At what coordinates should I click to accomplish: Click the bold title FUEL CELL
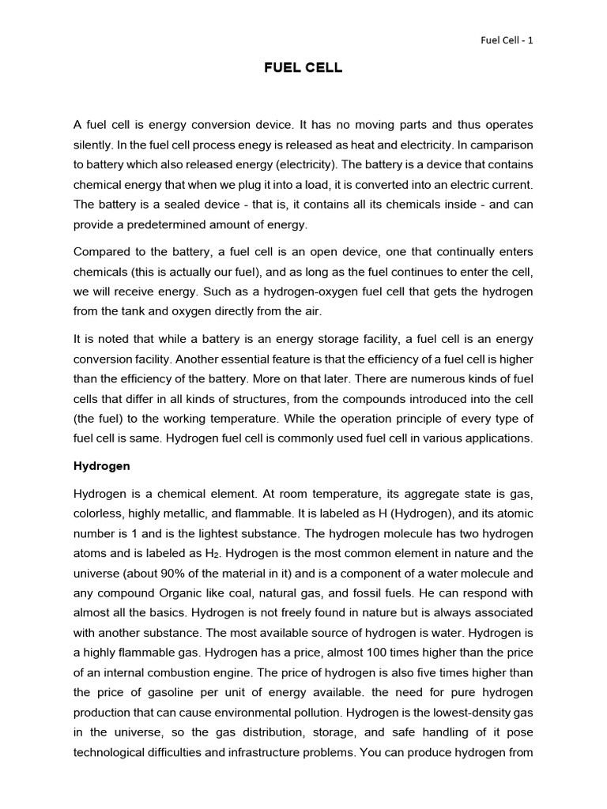303,68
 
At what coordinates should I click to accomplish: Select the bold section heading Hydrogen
101,466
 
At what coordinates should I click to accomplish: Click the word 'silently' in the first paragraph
92,145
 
